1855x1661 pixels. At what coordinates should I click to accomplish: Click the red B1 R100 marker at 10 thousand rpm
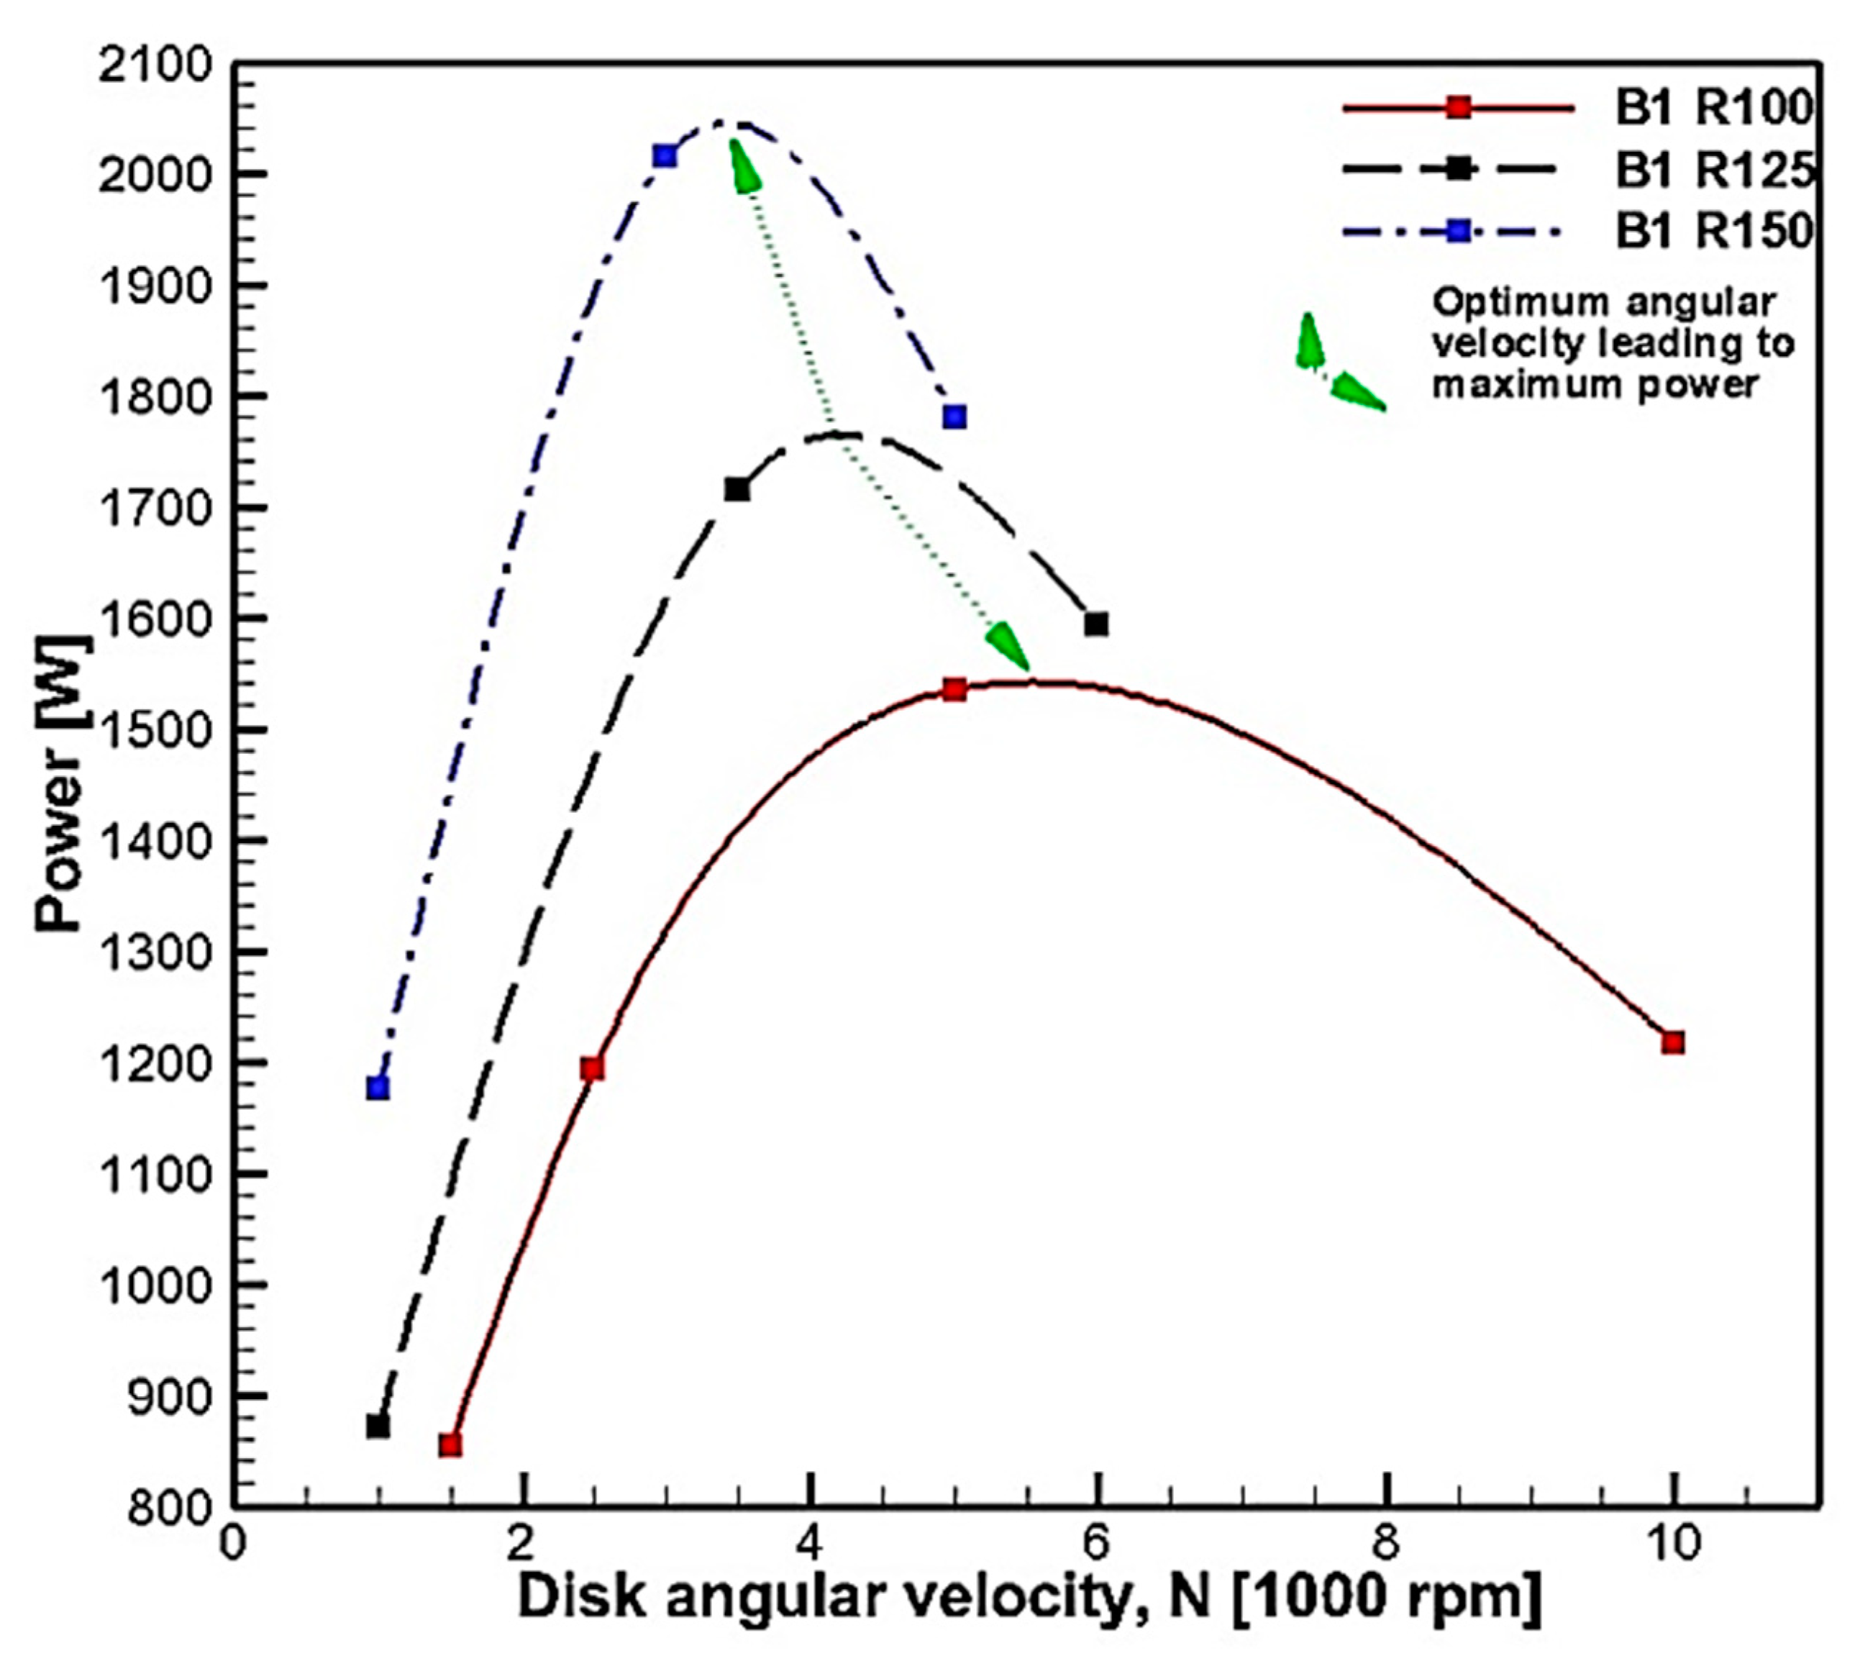[1672, 1042]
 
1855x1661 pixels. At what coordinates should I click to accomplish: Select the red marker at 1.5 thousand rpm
[450, 1444]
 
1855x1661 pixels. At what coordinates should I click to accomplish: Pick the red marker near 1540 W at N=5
[954, 690]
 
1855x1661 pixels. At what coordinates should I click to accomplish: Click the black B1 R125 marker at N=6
[1096, 624]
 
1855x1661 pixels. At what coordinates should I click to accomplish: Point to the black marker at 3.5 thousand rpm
[737, 490]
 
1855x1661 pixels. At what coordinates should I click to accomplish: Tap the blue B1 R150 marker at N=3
[665, 156]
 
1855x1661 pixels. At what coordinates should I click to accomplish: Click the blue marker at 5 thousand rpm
[954, 417]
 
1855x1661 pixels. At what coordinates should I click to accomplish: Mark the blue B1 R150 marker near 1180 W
[378, 1088]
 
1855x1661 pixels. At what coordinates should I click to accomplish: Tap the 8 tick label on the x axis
[1385, 1544]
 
